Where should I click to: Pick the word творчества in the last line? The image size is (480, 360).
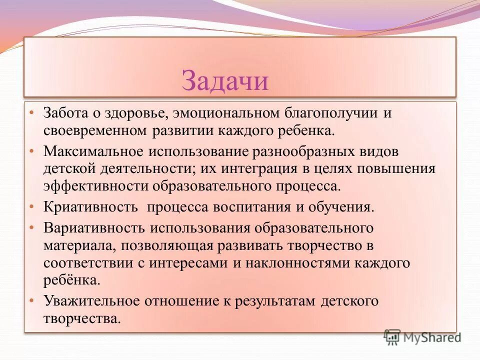click(x=81, y=318)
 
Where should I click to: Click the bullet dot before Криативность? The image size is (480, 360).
click(x=31, y=205)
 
